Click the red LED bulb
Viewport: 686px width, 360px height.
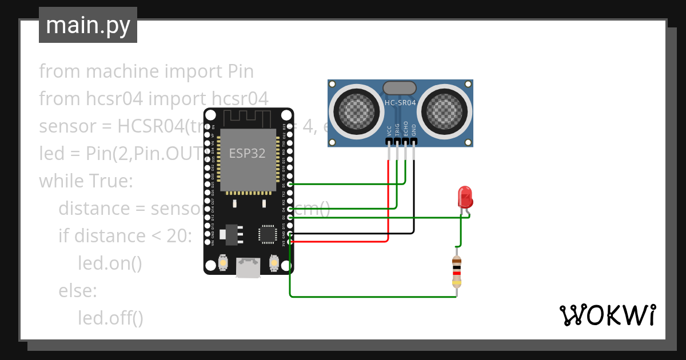click(465, 198)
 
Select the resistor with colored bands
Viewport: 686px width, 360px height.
click(456, 271)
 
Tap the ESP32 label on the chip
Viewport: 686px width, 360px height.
click(247, 153)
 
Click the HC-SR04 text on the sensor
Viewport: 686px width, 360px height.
click(400, 103)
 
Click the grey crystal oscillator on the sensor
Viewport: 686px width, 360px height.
click(399, 87)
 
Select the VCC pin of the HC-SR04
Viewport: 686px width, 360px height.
click(389, 141)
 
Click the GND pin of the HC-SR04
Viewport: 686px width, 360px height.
click(414, 141)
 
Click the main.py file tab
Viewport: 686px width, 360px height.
click(88, 25)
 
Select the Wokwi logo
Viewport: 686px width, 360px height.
click(607, 315)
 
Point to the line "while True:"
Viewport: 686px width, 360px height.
click(86, 181)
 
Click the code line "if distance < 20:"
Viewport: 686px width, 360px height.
click(125, 235)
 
